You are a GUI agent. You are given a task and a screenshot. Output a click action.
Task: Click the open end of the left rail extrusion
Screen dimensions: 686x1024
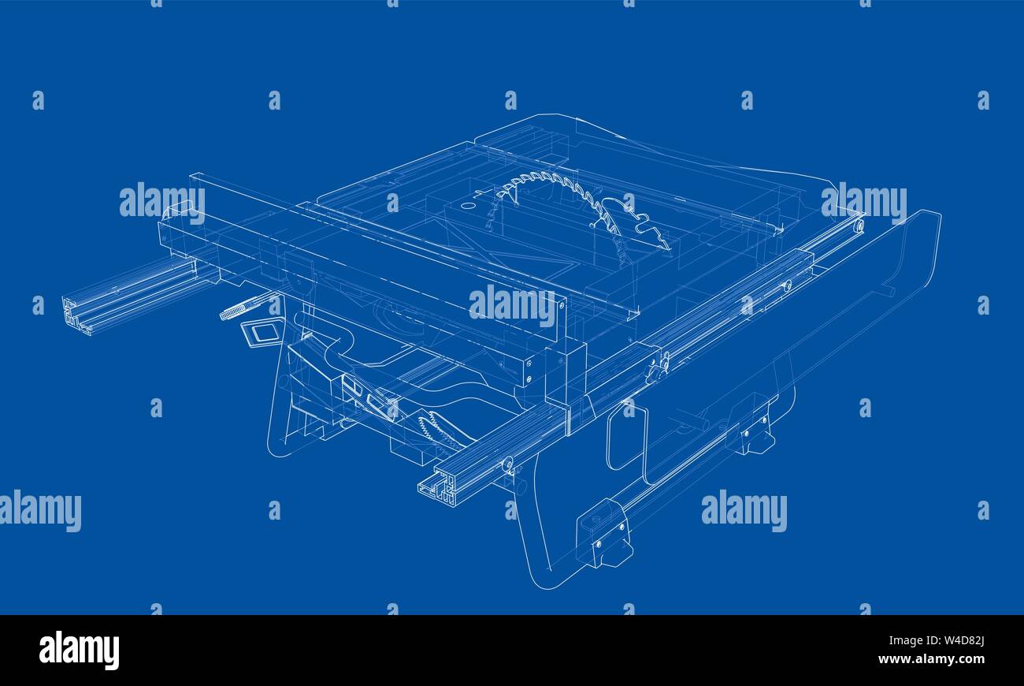tap(76, 314)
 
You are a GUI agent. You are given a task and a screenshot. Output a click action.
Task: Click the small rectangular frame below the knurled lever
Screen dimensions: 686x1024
tap(261, 333)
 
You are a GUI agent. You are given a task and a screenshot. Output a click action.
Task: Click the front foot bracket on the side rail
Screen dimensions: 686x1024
tap(603, 533)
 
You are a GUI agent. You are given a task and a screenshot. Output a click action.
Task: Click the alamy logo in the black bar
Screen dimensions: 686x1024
tap(79, 651)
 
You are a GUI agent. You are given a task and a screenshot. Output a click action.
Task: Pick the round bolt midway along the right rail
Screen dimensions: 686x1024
tap(786, 285)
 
